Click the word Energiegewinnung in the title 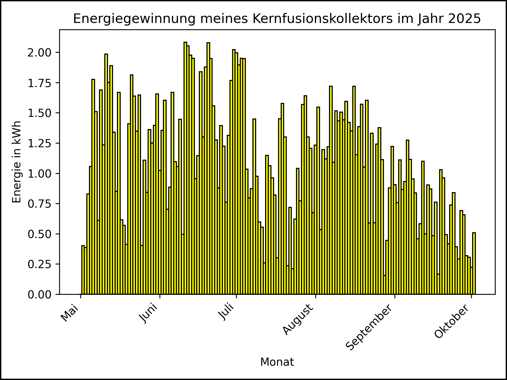point(134,19)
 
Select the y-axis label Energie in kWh point(17,162)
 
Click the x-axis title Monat point(277,362)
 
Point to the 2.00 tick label point(39,53)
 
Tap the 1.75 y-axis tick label point(39,83)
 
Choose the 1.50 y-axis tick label point(39,113)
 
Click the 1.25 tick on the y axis point(39,143)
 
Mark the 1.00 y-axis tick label point(39,174)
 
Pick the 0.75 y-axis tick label point(39,204)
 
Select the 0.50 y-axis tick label point(39,234)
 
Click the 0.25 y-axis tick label point(39,264)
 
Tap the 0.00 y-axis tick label point(39,294)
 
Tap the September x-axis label point(369,327)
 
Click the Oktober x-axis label point(452,321)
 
